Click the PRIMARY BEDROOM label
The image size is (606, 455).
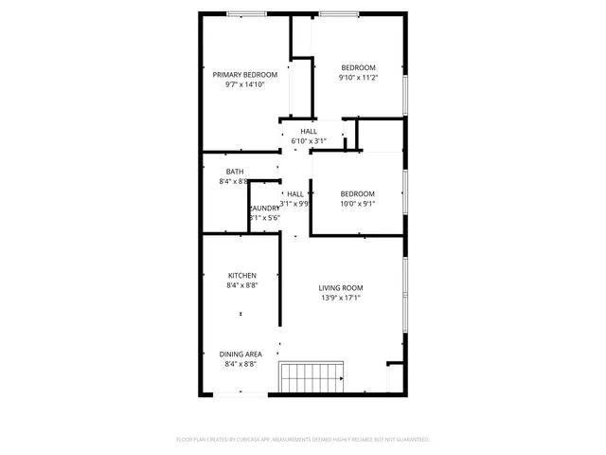click(244, 75)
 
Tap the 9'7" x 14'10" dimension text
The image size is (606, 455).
click(244, 84)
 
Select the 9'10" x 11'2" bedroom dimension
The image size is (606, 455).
click(359, 78)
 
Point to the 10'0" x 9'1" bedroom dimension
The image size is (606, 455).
click(358, 203)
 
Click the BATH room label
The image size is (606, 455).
click(234, 172)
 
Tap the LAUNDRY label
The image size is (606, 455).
click(265, 208)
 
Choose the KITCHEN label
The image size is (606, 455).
click(241, 276)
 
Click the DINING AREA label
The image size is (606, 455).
click(241, 354)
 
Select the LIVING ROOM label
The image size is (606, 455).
click(341, 288)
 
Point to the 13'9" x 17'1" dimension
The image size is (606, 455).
click(341, 298)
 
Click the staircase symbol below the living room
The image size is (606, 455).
click(312, 376)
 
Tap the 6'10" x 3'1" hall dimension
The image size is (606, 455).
click(309, 141)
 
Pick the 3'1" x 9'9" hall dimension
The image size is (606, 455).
click(295, 203)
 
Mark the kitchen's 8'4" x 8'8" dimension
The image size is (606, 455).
click(241, 285)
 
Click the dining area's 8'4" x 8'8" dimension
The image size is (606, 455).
click(241, 363)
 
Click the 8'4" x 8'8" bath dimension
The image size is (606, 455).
click(234, 181)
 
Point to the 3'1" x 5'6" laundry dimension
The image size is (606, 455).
click(265, 217)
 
